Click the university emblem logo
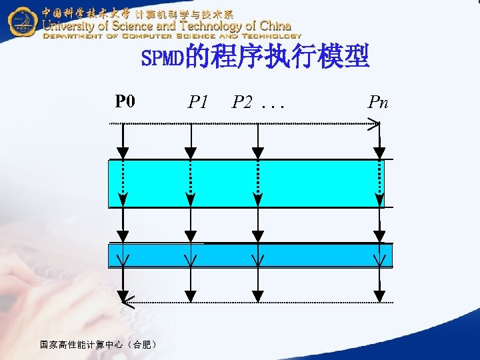pos(22,23)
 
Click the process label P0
pos(125,101)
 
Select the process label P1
pos(198,102)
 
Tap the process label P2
pos(242,102)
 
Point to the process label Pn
pos(378,102)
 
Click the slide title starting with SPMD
pos(255,59)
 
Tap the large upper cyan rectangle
pos(246,183)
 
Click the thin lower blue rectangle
pos(250,255)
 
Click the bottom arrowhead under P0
pos(123,295)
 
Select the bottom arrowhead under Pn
pos(379,295)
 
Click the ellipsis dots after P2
pos(271,105)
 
